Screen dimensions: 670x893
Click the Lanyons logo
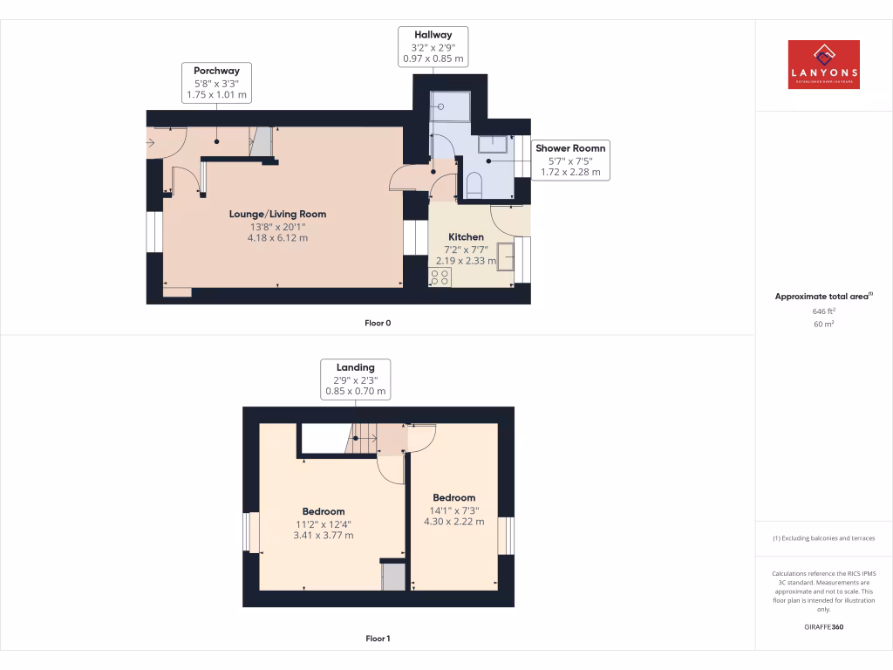pos(823,65)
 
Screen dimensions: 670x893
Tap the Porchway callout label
pos(216,82)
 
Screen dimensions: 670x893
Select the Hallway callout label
pos(433,47)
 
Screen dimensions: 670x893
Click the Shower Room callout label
pos(570,161)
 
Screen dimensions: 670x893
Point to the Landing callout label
pos(355,379)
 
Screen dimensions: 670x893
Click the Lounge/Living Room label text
pos(277,214)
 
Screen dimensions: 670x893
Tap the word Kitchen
pos(466,236)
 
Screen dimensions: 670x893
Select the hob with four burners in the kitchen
pos(440,277)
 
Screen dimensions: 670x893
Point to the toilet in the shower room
pos(475,184)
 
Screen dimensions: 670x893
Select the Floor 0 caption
pos(378,323)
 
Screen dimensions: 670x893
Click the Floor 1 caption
pos(378,639)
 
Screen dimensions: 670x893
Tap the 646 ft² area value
pos(823,311)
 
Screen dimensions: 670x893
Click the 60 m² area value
pos(823,324)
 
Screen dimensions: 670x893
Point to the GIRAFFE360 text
pos(823,627)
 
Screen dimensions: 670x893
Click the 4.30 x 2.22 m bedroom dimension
pos(453,522)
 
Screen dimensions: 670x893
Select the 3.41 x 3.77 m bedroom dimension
pos(324,536)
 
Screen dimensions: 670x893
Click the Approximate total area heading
pos(822,297)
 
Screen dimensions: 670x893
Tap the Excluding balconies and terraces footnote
pos(823,538)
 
